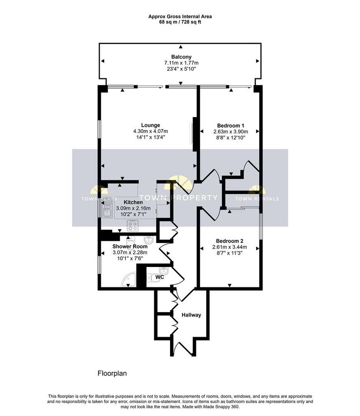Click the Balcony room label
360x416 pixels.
(x=181, y=57)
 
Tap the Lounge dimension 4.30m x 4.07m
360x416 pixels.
(x=151, y=131)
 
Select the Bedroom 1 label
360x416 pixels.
(x=231, y=126)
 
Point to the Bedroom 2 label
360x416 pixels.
(x=230, y=241)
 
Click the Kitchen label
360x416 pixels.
(x=133, y=202)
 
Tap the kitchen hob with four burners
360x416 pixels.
(x=133, y=225)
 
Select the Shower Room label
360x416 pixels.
(x=130, y=247)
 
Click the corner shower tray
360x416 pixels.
(x=129, y=279)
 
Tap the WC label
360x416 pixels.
(x=160, y=277)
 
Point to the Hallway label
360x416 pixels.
(x=191, y=315)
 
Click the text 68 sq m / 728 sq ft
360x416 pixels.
(x=180, y=22)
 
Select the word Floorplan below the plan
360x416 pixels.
(x=112, y=373)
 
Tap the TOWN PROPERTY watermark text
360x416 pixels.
(x=179, y=198)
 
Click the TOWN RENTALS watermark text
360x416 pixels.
(x=257, y=199)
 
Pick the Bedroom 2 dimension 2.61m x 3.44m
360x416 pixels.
(x=230, y=247)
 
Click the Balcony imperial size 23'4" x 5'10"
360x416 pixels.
(x=181, y=69)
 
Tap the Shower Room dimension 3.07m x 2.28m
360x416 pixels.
(x=130, y=252)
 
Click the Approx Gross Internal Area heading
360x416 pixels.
(x=180, y=16)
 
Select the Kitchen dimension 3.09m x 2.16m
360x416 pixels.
(x=133, y=208)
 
